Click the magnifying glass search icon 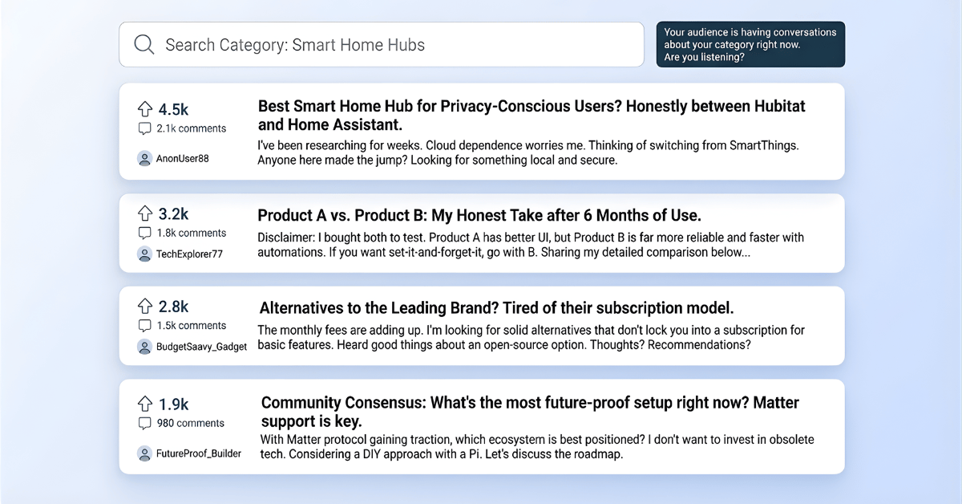tap(144, 44)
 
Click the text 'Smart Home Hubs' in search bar tap(358, 45)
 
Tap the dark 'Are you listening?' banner tap(750, 44)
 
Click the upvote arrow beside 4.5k tap(145, 109)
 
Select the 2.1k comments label tap(191, 128)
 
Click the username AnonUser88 tap(182, 159)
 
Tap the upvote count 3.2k tap(173, 214)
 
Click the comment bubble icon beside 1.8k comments tap(144, 233)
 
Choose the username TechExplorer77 tap(189, 254)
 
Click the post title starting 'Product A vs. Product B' tap(479, 215)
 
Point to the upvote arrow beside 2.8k tap(145, 306)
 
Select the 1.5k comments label tap(191, 326)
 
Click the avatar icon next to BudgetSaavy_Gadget tap(144, 347)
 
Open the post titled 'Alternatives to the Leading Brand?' tap(496, 308)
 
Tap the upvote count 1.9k tap(173, 404)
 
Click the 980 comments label tap(190, 423)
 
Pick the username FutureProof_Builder tap(199, 453)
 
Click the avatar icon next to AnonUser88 tap(144, 159)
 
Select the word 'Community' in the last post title tap(302, 403)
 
